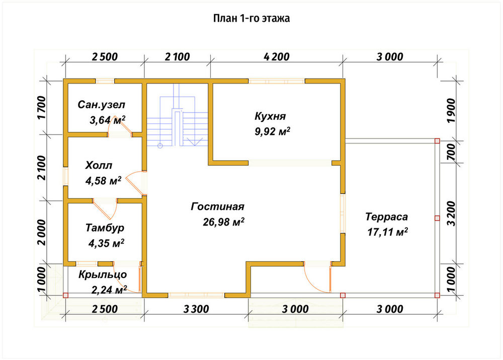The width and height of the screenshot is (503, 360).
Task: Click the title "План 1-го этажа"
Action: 251,18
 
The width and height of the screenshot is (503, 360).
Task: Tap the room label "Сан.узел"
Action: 102,105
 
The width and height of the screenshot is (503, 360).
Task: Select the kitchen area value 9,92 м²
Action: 272,131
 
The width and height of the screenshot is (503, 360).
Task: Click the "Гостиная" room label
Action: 217,206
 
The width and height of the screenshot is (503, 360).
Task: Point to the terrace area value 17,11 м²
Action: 387,232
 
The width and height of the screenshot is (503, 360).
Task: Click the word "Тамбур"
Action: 105,228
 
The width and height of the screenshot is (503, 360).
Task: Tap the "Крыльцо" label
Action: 103,275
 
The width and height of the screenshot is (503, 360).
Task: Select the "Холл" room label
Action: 99,165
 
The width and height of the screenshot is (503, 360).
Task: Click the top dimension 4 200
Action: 277,57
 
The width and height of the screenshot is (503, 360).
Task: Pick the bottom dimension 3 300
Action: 196,309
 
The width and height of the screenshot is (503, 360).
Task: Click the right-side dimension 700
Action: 451,152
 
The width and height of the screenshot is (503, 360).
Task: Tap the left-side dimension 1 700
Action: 42,108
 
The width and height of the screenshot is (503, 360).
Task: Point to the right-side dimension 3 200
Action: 451,213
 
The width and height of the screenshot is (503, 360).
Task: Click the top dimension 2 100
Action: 178,57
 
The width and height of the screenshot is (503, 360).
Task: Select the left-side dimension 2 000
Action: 42,232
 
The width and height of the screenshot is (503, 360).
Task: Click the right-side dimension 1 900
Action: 451,110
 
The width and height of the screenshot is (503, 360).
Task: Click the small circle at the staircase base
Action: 160,146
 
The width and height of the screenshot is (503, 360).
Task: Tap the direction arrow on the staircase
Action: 195,141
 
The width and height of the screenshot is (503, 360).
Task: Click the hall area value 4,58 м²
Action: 103,180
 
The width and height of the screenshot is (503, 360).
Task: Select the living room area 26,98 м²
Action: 224,222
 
